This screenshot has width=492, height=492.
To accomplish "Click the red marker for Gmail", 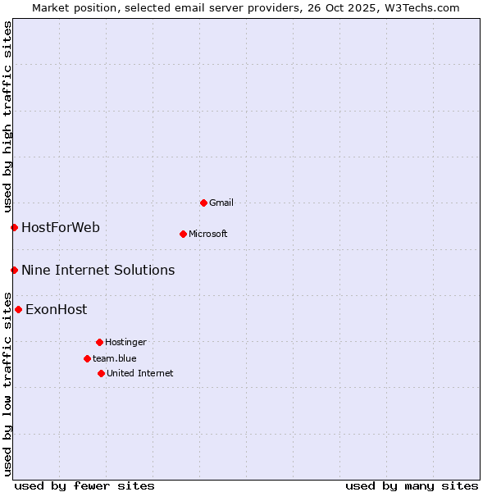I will click(x=203, y=203).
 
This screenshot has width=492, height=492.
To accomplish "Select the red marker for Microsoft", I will click(x=183, y=234).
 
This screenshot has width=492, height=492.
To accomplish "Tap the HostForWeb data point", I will click(x=14, y=227).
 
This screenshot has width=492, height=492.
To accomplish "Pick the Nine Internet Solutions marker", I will click(x=14, y=270).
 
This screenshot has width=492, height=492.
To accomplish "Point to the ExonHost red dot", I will click(x=18, y=309).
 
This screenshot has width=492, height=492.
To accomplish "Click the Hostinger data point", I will click(x=99, y=342).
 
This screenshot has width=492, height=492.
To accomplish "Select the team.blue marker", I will click(x=87, y=358).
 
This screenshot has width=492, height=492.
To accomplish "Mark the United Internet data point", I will click(x=101, y=373).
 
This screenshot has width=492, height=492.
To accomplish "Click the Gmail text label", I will click(x=221, y=203).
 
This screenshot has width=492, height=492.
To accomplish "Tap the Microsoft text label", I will click(x=208, y=234).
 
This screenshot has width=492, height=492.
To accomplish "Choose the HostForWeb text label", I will click(x=61, y=227).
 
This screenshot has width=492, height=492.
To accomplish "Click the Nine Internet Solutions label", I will click(x=98, y=270).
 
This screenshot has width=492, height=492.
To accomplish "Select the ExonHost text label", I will click(x=56, y=309).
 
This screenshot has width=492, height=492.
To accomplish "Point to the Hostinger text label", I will click(x=125, y=342).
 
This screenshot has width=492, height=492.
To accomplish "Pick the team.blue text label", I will click(x=115, y=358).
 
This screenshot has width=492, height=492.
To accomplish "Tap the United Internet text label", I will click(x=139, y=373).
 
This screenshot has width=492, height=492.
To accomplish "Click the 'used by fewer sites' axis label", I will click(x=84, y=485).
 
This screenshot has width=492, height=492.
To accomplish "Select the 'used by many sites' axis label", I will click(x=412, y=485).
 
